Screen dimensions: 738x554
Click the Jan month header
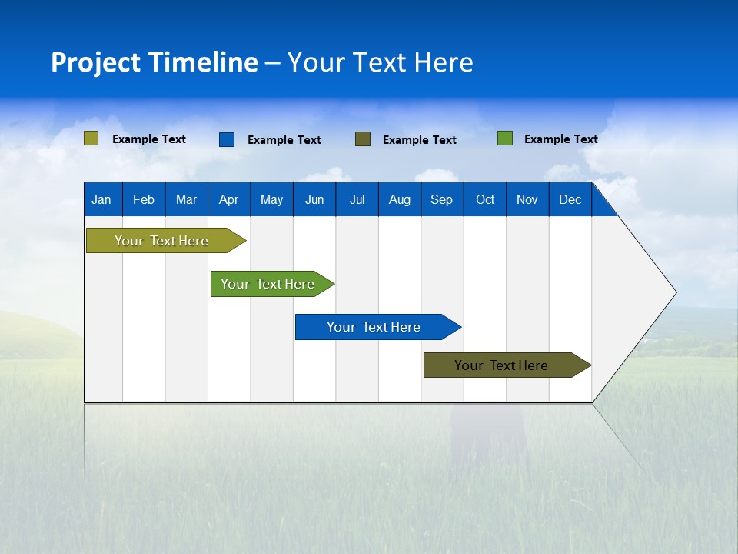coord(101,199)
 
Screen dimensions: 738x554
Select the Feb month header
coord(144,199)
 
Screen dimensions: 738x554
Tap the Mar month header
coord(186,199)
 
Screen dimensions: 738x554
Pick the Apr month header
coord(228,199)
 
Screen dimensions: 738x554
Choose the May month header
coord(271,199)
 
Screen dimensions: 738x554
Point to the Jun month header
coord(314,199)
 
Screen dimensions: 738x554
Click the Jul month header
coord(357,199)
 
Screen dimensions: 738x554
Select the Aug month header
coord(400,199)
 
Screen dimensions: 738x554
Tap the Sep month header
coord(442,199)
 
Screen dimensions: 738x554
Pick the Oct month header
coord(485,199)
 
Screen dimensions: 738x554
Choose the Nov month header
coord(527,199)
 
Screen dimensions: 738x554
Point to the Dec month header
coord(570,199)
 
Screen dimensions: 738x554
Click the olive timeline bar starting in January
coord(161,241)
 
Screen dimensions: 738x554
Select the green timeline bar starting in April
coord(268,284)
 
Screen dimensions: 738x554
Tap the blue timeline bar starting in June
coord(374,327)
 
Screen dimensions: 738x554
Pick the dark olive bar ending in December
coord(501,365)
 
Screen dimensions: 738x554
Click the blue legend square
coord(227,139)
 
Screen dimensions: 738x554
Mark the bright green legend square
coord(505,138)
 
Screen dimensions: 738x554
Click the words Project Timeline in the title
coord(155,62)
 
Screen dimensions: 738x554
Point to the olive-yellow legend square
coord(91,138)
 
